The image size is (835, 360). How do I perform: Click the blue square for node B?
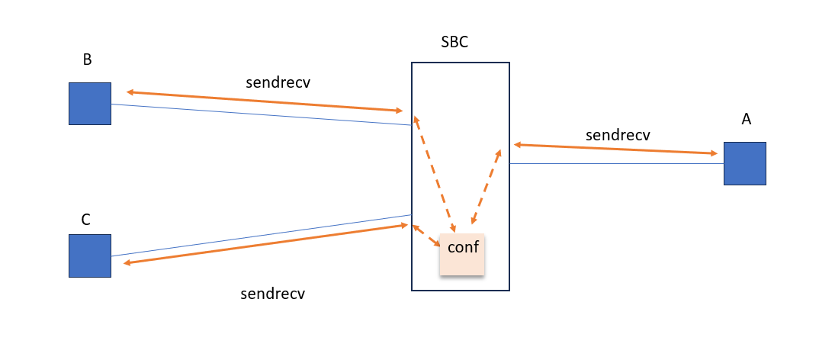[x=90, y=104]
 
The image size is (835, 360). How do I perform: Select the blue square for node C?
[x=90, y=256]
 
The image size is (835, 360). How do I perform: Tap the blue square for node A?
[x=744, y=163]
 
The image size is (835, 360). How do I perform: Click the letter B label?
[x=87, y=60]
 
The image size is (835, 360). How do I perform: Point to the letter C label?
[x=86, y=220]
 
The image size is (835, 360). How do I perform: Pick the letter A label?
[x=747, y=119]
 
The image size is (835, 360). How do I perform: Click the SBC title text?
[x=454, y=43]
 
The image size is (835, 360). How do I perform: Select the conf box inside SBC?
[x=462, y=255]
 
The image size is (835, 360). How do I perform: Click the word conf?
[x=463, y=247]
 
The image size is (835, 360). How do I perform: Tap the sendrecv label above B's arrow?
[x=278, y=83]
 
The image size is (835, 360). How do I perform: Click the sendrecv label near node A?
[x=618, y=135]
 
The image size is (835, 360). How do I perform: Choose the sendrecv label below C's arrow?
[x=272, y=294]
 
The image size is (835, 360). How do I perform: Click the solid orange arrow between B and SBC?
[x=265, y=102]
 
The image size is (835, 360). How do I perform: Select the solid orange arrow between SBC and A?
[x=615, y=149]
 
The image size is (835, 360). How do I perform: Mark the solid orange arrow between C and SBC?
[x=265, y=244]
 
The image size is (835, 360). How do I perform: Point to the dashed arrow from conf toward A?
[x=487, y=186]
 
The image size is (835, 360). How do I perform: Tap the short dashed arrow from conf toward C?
[x=426, y=236]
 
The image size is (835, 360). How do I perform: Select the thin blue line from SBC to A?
[x=616, y=163]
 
